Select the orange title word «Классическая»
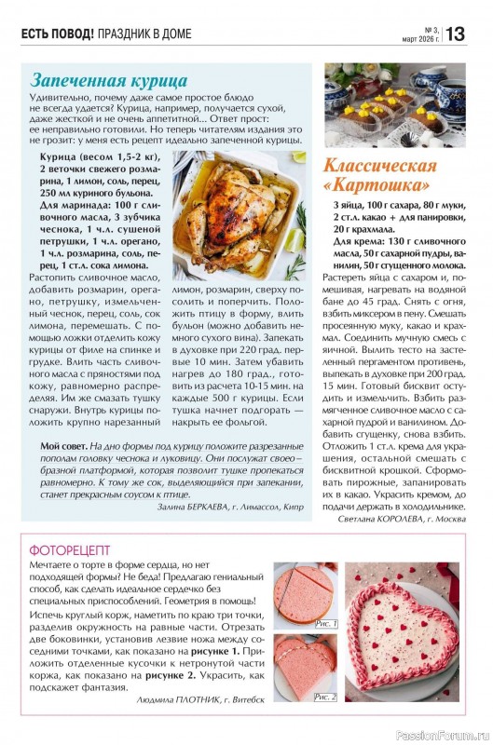point(380,166)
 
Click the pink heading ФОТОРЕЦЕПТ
point(70,549)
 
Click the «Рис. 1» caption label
point(325,624)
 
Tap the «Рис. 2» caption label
point(325,696)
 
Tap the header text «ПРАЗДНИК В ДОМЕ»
point(144,34)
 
